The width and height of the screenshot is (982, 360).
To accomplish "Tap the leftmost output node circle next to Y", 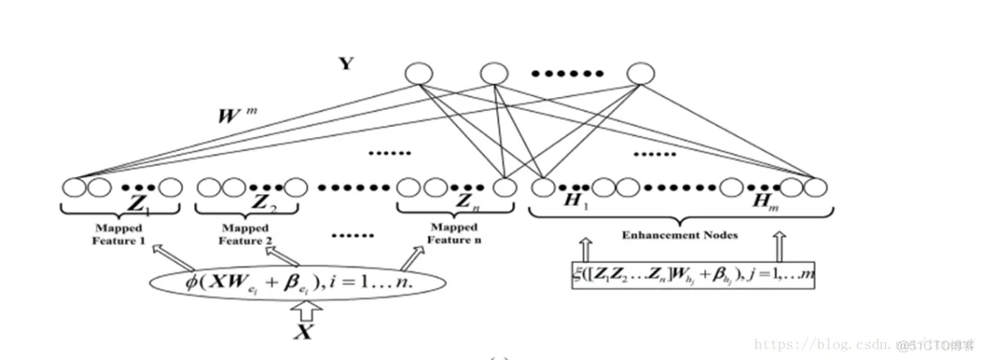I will click(x=417, y=75).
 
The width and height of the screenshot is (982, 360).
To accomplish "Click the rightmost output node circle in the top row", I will click(x=638, y=75).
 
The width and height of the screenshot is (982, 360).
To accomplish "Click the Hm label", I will click(x=760, y=204).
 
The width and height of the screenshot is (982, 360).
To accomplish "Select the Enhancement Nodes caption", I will click(x=681, y=236).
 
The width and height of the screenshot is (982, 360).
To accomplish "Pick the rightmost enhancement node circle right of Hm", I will click(x=817, y=187).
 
